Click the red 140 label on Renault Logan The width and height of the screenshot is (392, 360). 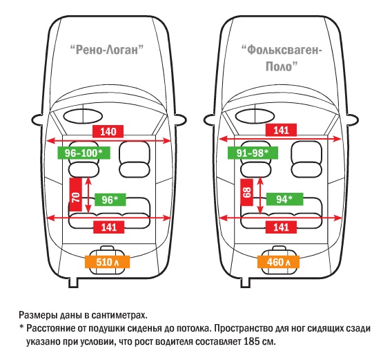[x=108, y=131]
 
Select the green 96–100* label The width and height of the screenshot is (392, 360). [x=84, y=153]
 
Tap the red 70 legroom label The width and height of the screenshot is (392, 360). [x=76, y=195]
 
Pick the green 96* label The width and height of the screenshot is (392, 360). [x=110, y=200]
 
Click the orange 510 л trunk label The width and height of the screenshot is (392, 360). [x=107, y=262]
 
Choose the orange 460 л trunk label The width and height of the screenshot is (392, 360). [x=278, y=262]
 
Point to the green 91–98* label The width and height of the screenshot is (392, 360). [x=253, y=153]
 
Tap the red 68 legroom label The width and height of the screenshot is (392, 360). [x=247, y=192]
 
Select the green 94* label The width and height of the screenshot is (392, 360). [x=284, y=199]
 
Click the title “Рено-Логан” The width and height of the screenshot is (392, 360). [x=107, y=50]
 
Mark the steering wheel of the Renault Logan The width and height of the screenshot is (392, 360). [x=83, y=116]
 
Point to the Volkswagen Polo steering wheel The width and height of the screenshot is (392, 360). [x=255, y=116]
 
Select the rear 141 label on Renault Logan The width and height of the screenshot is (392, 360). [x=109, y=227]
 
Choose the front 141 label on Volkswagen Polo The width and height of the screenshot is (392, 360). [x=282, y=130]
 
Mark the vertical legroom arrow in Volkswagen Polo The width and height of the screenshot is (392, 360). [x=260, y=196]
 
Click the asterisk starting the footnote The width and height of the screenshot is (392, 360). [x=21, y=327]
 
